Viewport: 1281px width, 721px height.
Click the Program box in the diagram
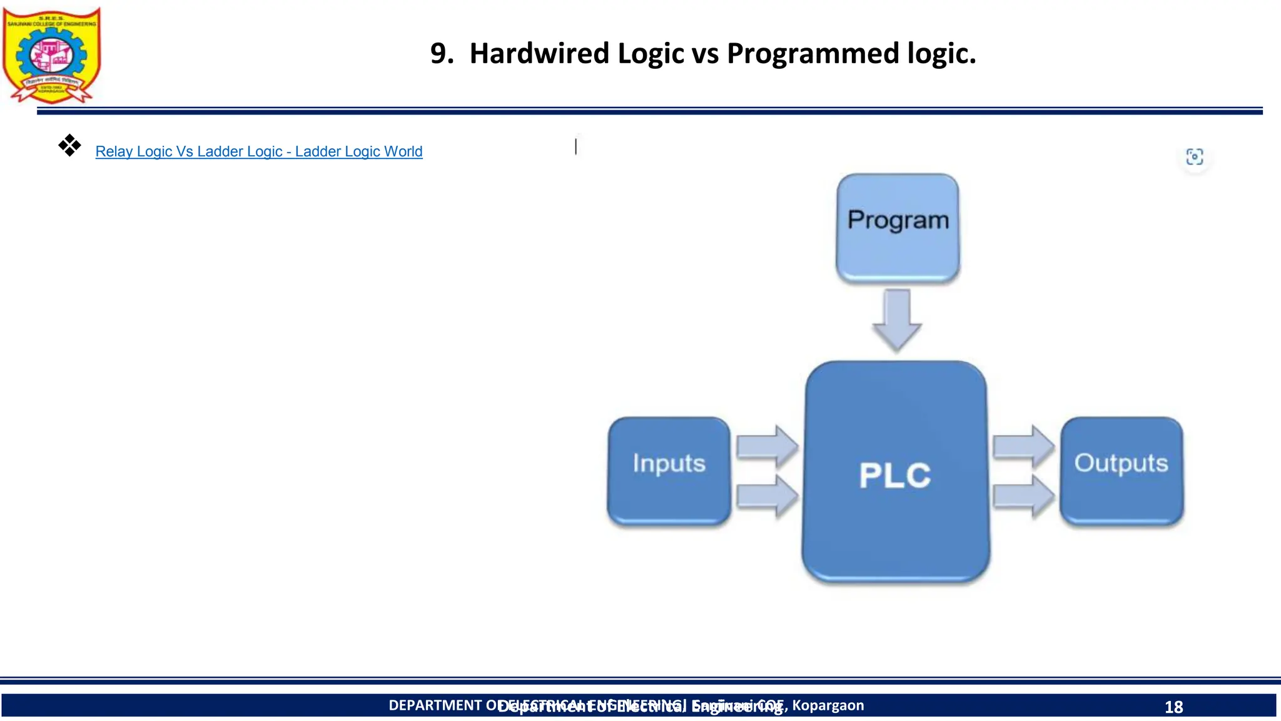pos(898,227)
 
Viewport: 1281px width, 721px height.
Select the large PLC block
pos(896,473)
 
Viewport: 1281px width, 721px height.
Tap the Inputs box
pos(669,470)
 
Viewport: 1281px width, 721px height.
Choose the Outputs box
pos(1122,470)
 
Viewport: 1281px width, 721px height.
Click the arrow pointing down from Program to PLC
pos(897,319)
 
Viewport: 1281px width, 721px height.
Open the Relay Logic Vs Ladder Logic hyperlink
pos(258,151)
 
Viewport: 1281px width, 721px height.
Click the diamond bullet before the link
pos(69,145)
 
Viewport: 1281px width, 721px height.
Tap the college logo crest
pos(51,55)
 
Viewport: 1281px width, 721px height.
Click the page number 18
pos(1173,707)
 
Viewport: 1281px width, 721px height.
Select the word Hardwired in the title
pos(539,53)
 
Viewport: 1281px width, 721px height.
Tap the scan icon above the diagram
pos(1194,156)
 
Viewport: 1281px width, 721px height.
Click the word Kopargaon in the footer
pos(828,705)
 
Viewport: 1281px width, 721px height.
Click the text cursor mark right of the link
pos(576,146)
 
